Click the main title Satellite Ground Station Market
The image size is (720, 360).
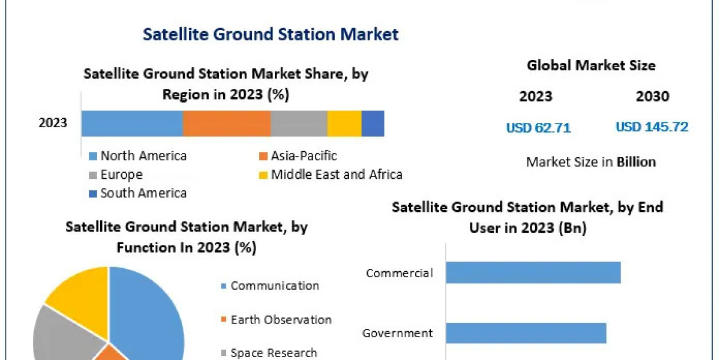tap(271, 34)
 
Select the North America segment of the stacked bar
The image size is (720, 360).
tap(131, 124)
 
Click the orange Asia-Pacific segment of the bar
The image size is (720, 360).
tap(226, 124)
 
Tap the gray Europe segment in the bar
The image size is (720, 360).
tap(298, 124)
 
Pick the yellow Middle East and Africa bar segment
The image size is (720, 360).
tap(344, 124)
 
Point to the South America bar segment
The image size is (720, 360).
tap(373, 124)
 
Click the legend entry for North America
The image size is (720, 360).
tap(143, 156)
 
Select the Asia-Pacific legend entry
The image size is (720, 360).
tap(303, 156)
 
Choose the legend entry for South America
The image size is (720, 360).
tap(143, 193)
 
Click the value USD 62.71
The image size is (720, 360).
tap(538, 128)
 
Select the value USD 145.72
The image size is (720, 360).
tap(652, 127)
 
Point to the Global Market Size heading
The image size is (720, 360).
tap(591, 65)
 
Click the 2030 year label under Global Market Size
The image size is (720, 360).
tap(652, 96)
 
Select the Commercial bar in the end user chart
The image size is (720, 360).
tap(533, 272)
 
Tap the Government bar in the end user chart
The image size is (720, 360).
tap(526, 333)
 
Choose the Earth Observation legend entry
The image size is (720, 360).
tap(280, 320)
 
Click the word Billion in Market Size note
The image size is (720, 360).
tap(636, 162)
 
